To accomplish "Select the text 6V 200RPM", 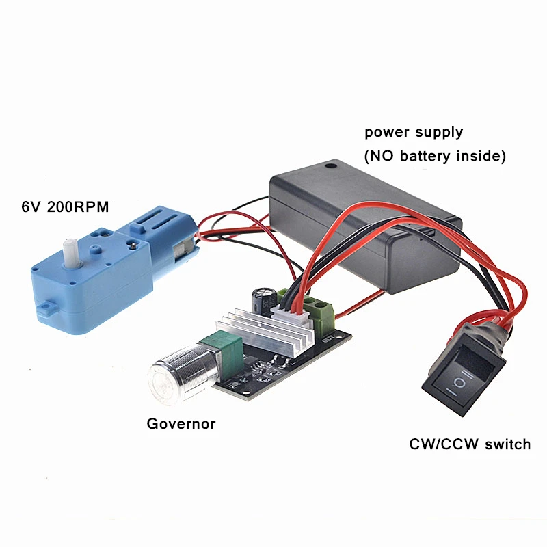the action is [65, 206].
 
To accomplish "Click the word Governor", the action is [181, 424].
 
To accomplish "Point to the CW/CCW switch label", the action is [470, 444].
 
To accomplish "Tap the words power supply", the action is [414, 132].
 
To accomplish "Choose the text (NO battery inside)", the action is [435, 156].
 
